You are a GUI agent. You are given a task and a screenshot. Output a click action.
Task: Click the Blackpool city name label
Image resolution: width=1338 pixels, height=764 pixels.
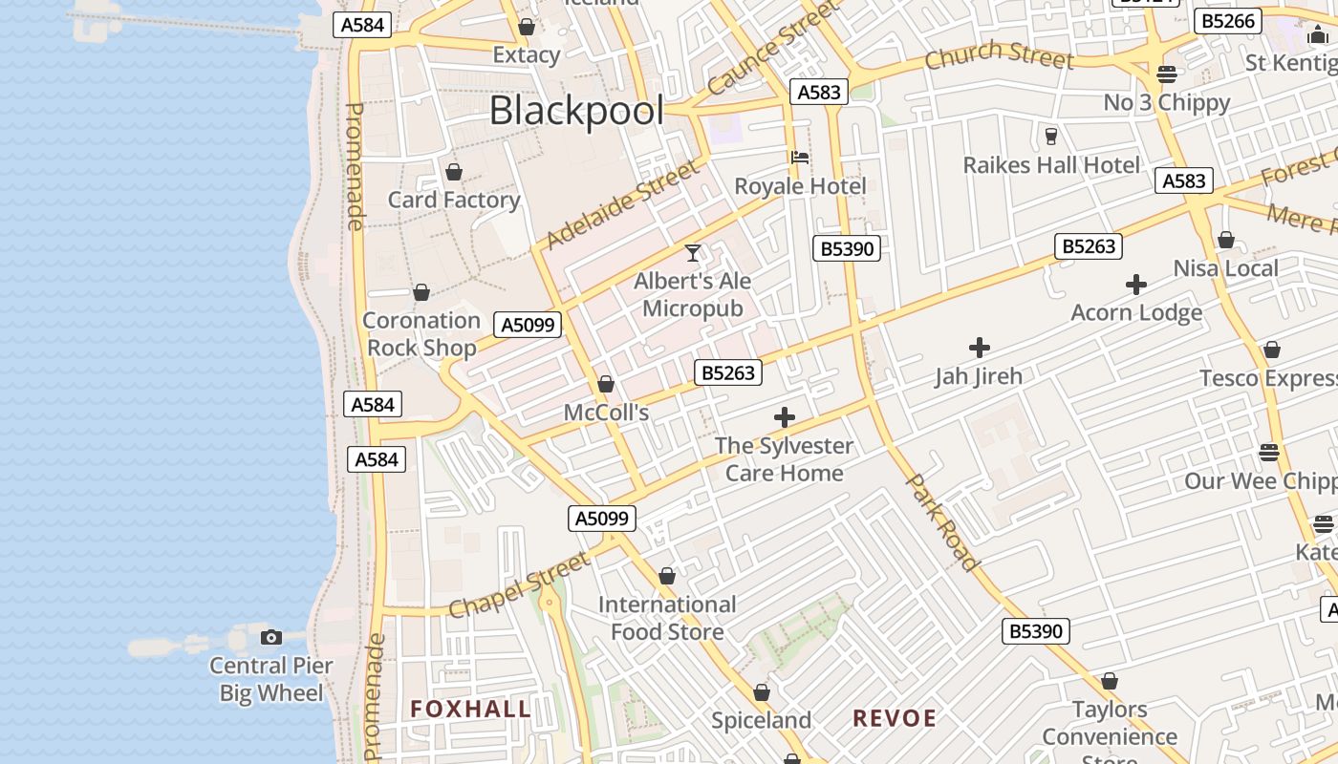[576, 111]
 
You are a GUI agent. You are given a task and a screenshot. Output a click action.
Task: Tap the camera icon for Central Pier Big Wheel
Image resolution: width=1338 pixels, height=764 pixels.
[271, 637]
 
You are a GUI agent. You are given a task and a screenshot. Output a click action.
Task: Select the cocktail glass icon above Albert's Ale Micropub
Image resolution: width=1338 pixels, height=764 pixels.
[693, 253]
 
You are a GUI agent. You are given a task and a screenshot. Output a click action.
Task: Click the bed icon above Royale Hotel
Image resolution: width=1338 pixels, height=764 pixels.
[800, 158]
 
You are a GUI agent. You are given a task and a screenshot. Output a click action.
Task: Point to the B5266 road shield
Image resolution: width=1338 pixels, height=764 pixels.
[1228, 21]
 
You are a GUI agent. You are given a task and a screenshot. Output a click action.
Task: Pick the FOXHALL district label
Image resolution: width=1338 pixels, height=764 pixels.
[470, 709]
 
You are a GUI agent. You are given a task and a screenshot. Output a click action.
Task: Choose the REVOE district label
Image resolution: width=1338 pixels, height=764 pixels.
[895, 718]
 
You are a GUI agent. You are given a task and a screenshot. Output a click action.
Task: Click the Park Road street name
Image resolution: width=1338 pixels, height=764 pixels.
[942, 521]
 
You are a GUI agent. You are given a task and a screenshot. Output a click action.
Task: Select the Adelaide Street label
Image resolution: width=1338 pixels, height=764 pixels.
[622, 205]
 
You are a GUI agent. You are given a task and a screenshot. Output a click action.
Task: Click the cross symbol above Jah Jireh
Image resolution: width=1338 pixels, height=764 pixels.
[980, 348]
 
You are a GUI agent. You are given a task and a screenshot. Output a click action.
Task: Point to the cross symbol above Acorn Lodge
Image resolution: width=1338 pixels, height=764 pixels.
[1136, 285]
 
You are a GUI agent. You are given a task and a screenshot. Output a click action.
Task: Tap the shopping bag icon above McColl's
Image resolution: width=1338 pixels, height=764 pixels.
[605, 385]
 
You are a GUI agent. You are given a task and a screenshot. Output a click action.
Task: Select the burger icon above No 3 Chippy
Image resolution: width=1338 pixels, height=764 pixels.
[1166, 74]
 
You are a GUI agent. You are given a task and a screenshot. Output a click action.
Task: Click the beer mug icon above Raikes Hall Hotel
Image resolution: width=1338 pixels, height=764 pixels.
[1051, 137]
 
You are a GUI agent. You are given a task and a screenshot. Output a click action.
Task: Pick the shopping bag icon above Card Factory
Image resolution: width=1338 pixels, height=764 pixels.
[454, 172]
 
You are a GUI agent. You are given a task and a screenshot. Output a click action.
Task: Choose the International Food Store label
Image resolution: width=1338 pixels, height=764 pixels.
[667, 618]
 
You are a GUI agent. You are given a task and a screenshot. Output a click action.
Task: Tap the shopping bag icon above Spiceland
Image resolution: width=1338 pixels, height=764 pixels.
[762, 692]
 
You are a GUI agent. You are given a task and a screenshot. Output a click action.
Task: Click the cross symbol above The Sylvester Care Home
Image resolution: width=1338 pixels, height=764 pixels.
[785, 417]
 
